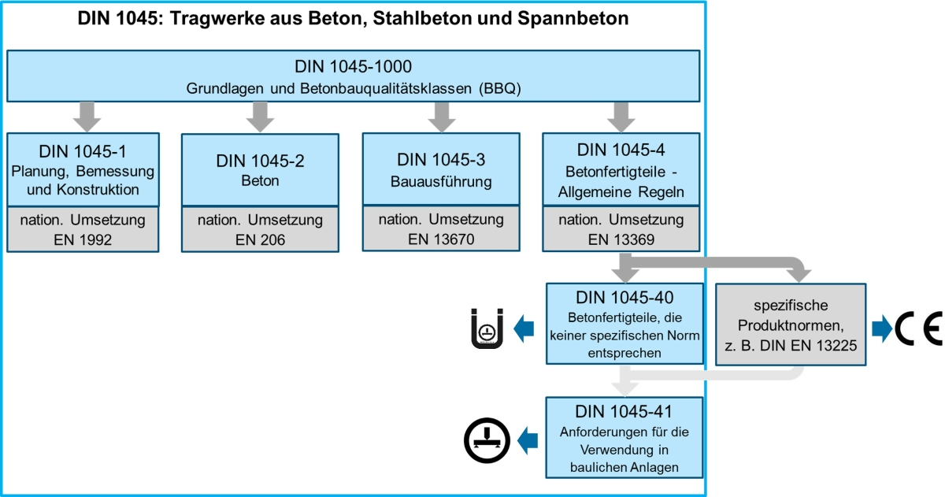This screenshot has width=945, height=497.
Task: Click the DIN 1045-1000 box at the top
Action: pos(353,76)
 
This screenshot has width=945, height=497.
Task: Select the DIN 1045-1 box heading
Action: pos(83,169)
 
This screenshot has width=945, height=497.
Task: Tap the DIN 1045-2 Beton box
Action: pos(260,170)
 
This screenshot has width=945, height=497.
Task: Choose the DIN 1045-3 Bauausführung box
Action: pos(441,169)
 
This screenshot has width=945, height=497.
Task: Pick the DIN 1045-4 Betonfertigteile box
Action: pos(621,169)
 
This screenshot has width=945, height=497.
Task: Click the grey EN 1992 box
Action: pos(83,229)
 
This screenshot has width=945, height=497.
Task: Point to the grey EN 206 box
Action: pos(260,229)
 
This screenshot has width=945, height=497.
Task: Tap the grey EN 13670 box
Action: pos(441,228)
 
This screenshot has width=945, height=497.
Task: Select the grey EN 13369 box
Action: pos(621,229)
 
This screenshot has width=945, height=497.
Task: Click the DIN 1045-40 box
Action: pos(624,324)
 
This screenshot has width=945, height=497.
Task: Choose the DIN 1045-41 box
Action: pos(624,437)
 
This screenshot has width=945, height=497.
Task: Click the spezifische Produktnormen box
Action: pos(791,325)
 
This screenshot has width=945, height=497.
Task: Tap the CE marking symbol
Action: pos(918,328)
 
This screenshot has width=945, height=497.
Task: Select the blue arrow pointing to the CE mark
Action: pos(882,328)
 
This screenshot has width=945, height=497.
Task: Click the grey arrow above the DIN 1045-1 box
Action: pos(87,117)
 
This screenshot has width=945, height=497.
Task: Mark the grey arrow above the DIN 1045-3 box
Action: pos(442,117)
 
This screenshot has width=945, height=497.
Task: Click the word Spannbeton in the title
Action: pos(573,19)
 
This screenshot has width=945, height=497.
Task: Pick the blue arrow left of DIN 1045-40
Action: pos(524,328)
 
